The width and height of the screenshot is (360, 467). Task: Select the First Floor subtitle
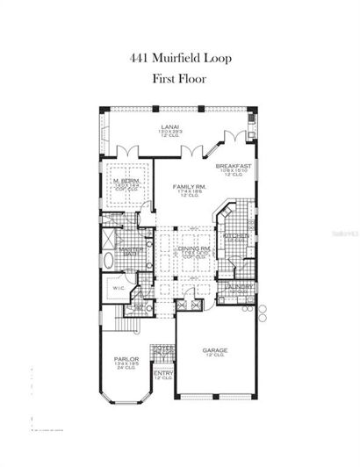180,78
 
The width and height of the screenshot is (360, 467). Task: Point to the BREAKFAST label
234,164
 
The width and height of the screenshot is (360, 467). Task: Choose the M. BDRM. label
127,182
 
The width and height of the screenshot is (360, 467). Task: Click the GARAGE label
216,350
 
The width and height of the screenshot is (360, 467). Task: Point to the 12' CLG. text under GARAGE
216,357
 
